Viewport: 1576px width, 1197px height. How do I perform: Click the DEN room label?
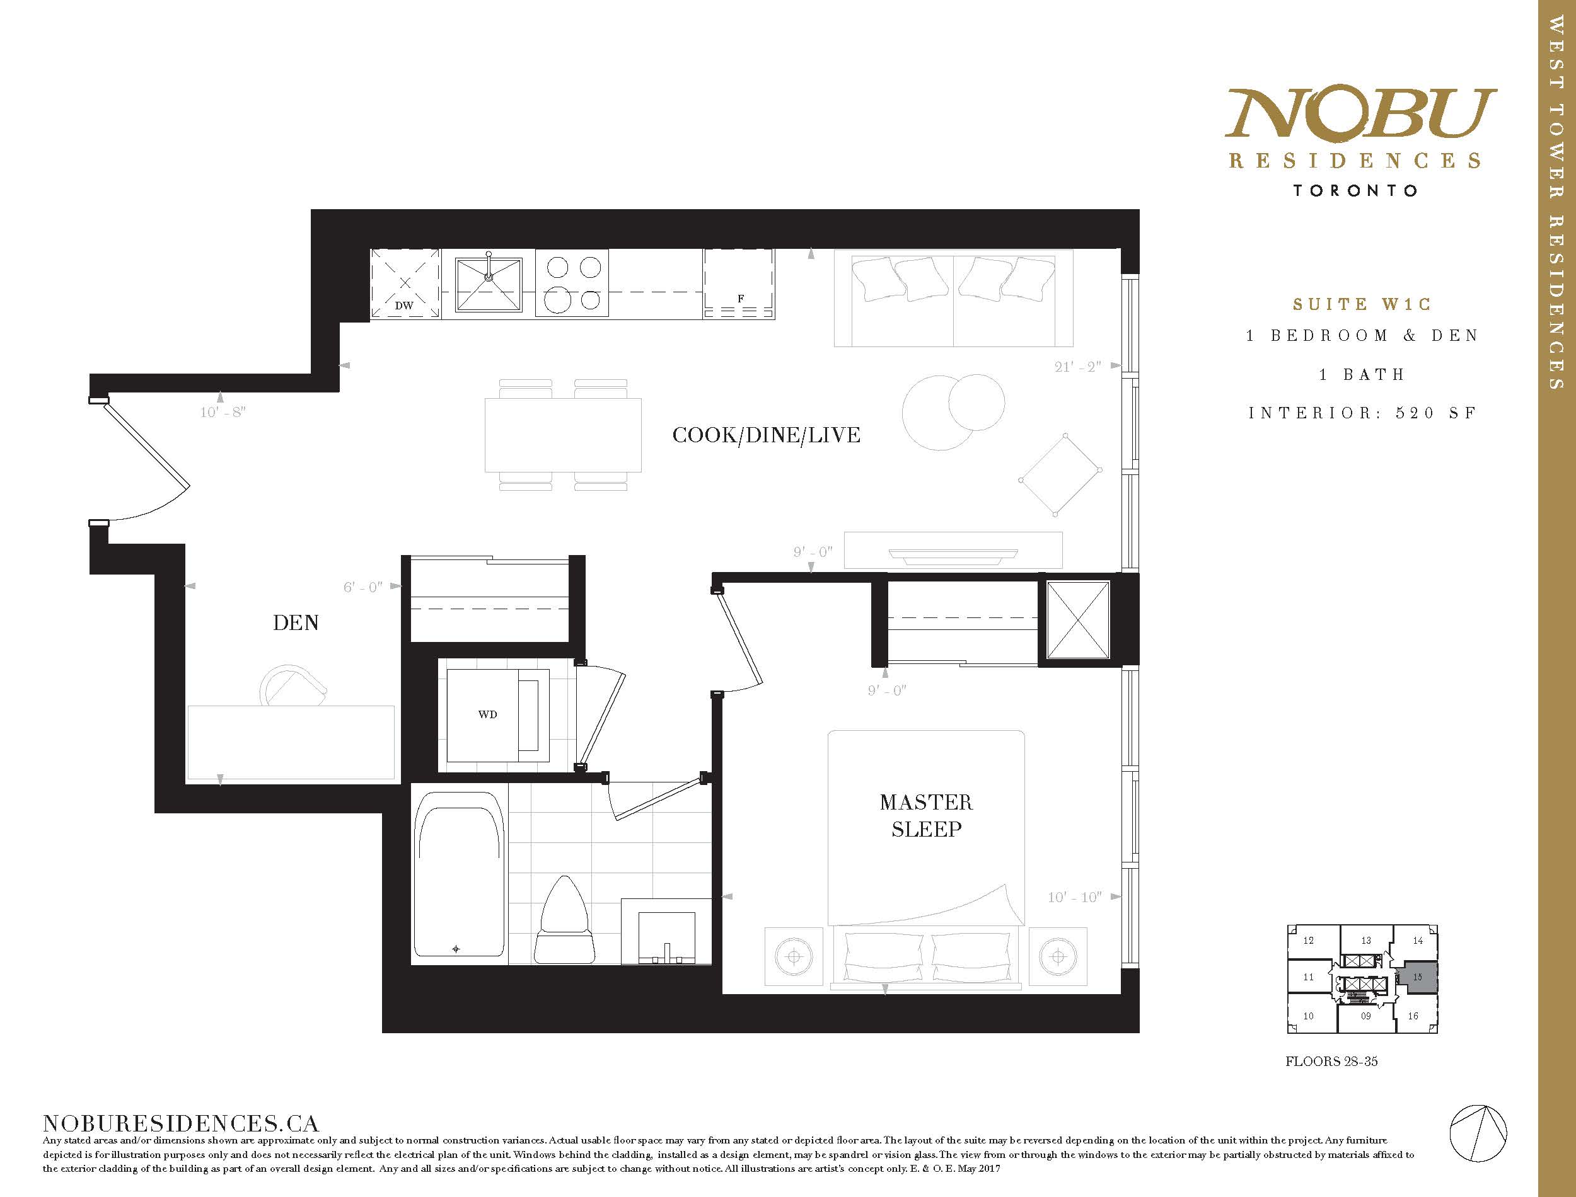pyautogui.click(x=295, y=622)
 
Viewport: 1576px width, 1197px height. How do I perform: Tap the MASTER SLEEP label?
pyautogui.click(x=926, y=816)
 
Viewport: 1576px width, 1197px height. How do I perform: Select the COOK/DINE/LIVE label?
pyautogui.click(x=767, y=435)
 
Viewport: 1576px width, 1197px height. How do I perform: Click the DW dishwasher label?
pyautogui.click(x=404, y=306)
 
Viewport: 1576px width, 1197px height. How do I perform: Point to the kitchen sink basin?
pyautogui.click(x=489, y=284)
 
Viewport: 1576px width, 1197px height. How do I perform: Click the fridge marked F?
pyautogui.click(x=739, y=283)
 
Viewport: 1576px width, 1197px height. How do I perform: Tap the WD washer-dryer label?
pyautogui.click(x=487, y=714)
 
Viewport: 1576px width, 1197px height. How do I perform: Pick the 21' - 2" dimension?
pyautogui.click(x=1078, y=366)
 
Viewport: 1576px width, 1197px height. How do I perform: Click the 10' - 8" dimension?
pyautogui.click(x=223, y=412)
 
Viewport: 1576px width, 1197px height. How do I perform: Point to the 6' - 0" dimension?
pyautogui.click(x=363, y=587)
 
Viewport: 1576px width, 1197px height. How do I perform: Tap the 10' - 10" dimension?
pyautogui.click(x=1074, y=897)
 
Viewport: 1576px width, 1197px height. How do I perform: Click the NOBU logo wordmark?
pyautogui.click(x=1360, y=113)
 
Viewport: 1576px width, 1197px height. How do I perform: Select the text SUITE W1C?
pyautogui.click(x=1362, y=304)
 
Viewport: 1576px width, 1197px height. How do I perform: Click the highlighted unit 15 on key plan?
pyautogui.click(x=1417, y=978)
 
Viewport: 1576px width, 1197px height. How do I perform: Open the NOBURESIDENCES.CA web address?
pyautogui.click(x=181, y=1124)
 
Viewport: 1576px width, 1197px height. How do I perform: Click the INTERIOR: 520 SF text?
pyautogui.click(x=1362, y=413)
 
